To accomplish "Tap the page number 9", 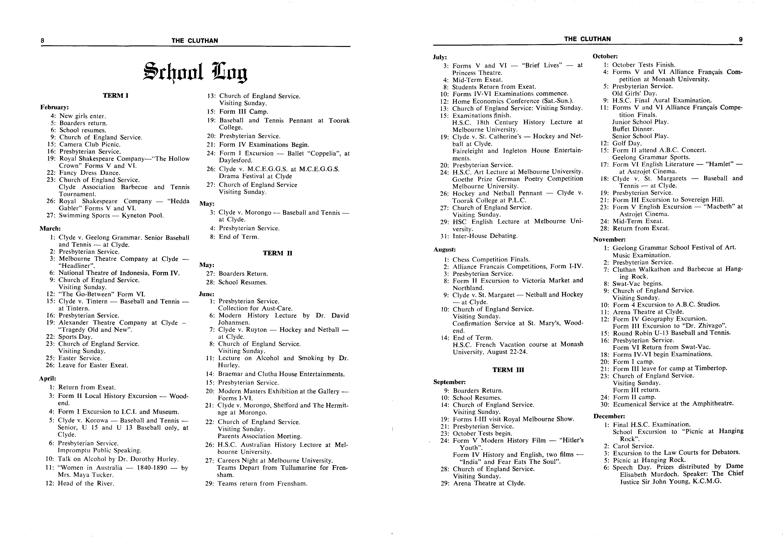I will click(x=741, y=39).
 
